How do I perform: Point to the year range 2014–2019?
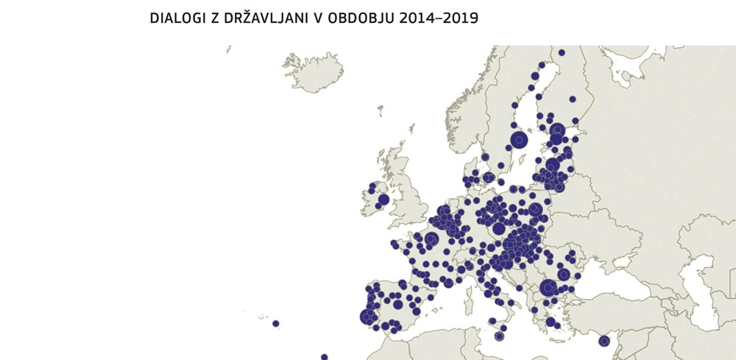pos(439,18)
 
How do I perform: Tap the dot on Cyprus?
pos(604,340)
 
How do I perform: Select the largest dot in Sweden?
pos(520,139)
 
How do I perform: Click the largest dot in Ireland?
pos(383,200)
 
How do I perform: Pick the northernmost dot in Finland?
pos(561,52)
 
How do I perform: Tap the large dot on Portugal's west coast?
pos(367,317)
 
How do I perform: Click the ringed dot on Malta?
pos(499,336)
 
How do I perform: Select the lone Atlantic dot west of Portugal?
pos(275,323)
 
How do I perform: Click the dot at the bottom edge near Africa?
pos(324,357)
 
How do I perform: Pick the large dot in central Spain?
pos(397,304)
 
